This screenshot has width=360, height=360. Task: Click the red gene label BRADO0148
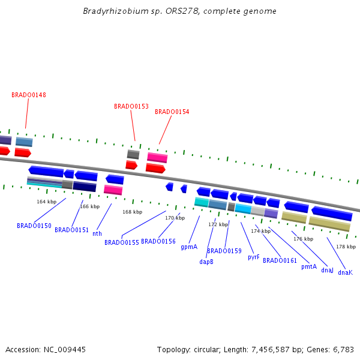click(x=29, y=95)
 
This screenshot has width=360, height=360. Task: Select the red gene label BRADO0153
click(x=131, y=106)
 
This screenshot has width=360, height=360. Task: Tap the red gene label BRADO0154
click(x=172, y=112)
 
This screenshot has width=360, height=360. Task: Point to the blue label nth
click(x=97, y=233)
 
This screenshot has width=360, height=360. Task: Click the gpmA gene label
click(x=189, y=247)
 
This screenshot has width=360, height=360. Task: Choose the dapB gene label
click(x=206, y=262)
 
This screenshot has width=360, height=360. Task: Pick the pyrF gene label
click(x=254, y=257)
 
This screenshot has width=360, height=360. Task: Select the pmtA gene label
click(x=309, y=266)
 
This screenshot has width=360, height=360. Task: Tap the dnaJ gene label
click(x=327, y=270)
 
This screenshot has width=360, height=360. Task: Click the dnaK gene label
click(x=346, y=272)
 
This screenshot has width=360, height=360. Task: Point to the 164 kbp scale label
click(x=47, y=202)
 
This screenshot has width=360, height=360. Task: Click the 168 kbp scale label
click(x=133, y=212)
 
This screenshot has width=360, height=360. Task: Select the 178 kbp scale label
click(x=346, y=247)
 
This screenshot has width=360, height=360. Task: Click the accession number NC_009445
click(x=65, y=350)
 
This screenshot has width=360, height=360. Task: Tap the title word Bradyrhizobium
click(x=116, y=11)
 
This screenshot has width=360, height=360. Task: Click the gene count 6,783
click(x=343, y=350)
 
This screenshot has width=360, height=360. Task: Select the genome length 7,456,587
click(x=271, y=350)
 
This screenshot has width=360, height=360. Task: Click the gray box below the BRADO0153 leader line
click(x=133, y=154)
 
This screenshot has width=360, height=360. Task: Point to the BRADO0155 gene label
click(x=122, y=242)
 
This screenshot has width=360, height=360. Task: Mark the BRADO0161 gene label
click(x=280, y=260)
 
